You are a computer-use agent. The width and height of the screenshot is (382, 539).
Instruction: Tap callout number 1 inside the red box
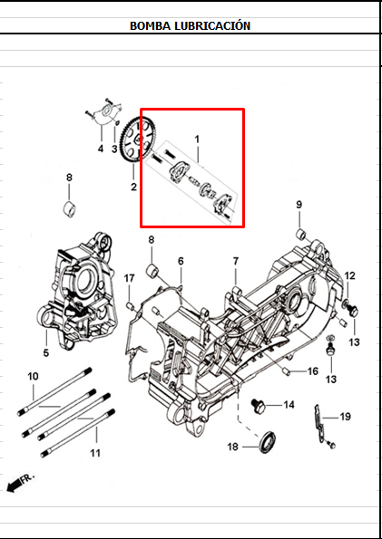[196, 140]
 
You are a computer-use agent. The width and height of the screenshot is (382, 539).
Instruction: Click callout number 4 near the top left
[101, 149]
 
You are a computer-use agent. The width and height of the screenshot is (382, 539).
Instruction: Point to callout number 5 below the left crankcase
[46, 352]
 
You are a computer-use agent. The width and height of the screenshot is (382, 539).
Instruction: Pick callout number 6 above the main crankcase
[181, 261]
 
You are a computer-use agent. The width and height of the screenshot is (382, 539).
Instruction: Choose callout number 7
[235, 261]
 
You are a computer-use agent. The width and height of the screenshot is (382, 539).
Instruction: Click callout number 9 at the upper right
[299, 206]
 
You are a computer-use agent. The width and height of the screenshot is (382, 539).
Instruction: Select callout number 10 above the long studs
[33, 376]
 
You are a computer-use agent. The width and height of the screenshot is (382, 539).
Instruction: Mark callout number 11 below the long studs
[96, 451]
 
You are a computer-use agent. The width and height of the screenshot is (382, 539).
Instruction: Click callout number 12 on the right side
[349, 275]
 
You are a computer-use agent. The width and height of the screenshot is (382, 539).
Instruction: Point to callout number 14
[289, 404]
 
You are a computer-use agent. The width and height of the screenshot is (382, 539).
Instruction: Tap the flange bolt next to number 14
[258, 404]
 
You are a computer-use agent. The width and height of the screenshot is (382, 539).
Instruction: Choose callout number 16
[312, 371]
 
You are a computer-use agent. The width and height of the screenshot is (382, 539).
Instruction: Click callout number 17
[130, 277]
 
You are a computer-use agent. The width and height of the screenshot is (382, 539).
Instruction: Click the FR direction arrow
[18, 483]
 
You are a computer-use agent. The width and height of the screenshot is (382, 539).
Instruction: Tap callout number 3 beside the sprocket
[115, 149]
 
